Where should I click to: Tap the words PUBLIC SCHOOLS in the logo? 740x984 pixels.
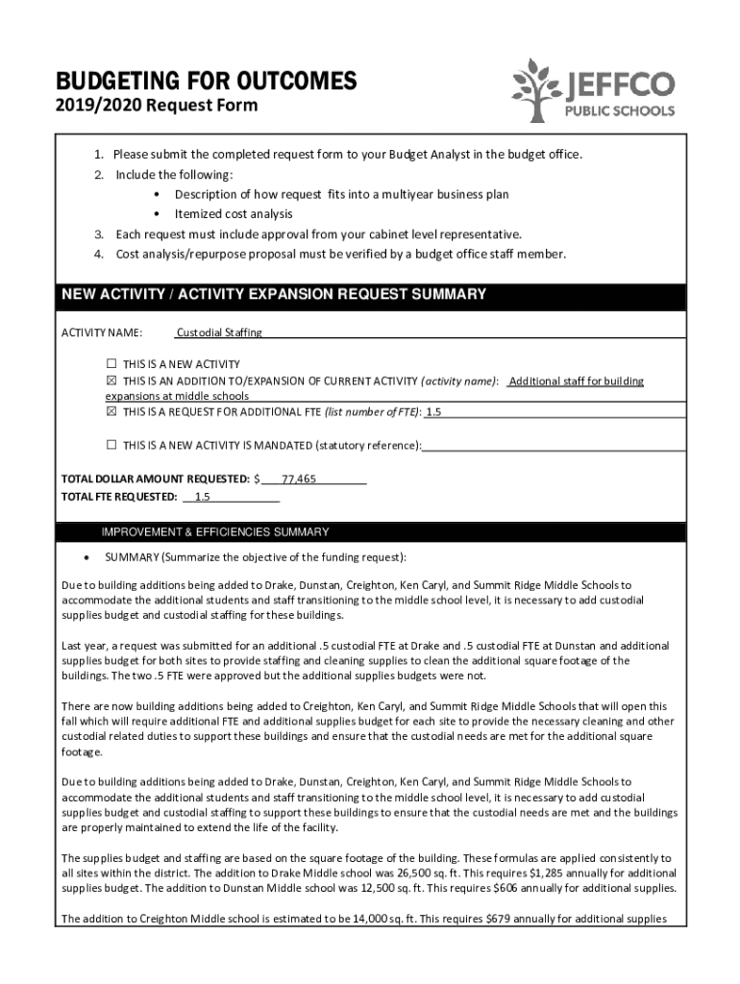pos(619,111)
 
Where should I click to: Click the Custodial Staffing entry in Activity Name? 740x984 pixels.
pos(218,333)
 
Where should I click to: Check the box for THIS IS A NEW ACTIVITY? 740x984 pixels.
pos(111,364)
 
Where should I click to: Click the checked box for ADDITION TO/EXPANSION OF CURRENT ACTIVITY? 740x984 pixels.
pos(111,381)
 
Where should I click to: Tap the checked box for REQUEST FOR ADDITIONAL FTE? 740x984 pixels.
pos(111,411)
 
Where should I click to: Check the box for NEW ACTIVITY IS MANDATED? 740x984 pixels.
pos(111,445)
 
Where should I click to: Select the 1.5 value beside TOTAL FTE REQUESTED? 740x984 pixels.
pos(203,497)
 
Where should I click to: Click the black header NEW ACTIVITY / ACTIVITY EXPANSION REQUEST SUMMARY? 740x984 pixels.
pos(274,295)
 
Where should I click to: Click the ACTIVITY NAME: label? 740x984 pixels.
pos(102,333)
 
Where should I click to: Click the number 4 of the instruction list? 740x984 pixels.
pos(98,255)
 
